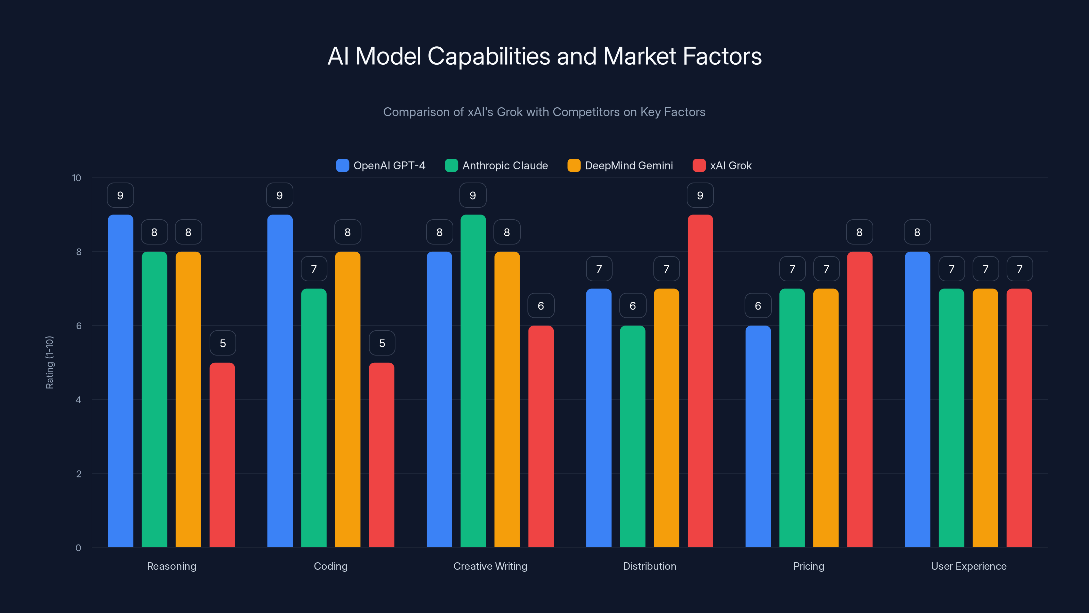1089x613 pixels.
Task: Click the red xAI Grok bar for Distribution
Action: click(700, 381)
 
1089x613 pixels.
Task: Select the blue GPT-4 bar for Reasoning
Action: click(120, 381)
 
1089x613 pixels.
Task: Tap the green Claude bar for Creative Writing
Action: click(473, 381)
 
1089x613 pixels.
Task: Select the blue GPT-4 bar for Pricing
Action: click(758, 436)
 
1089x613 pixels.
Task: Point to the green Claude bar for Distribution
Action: click(632, 436)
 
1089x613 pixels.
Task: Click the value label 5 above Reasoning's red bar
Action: click(223, 343)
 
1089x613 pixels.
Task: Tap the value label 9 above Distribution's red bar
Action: click(700, 195)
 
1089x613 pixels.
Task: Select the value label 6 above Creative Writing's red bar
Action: click(541, 306)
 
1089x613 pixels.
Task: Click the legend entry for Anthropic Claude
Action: click(497, 166)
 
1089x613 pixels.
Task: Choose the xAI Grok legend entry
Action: click(722, 166)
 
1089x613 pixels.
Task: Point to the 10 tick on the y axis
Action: click(77, 178)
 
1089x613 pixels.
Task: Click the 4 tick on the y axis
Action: click(78, 400)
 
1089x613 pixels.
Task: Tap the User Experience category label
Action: click(969, 566)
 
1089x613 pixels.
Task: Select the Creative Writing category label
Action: click(490, 566)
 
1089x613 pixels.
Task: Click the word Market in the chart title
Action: click(640, 56)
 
